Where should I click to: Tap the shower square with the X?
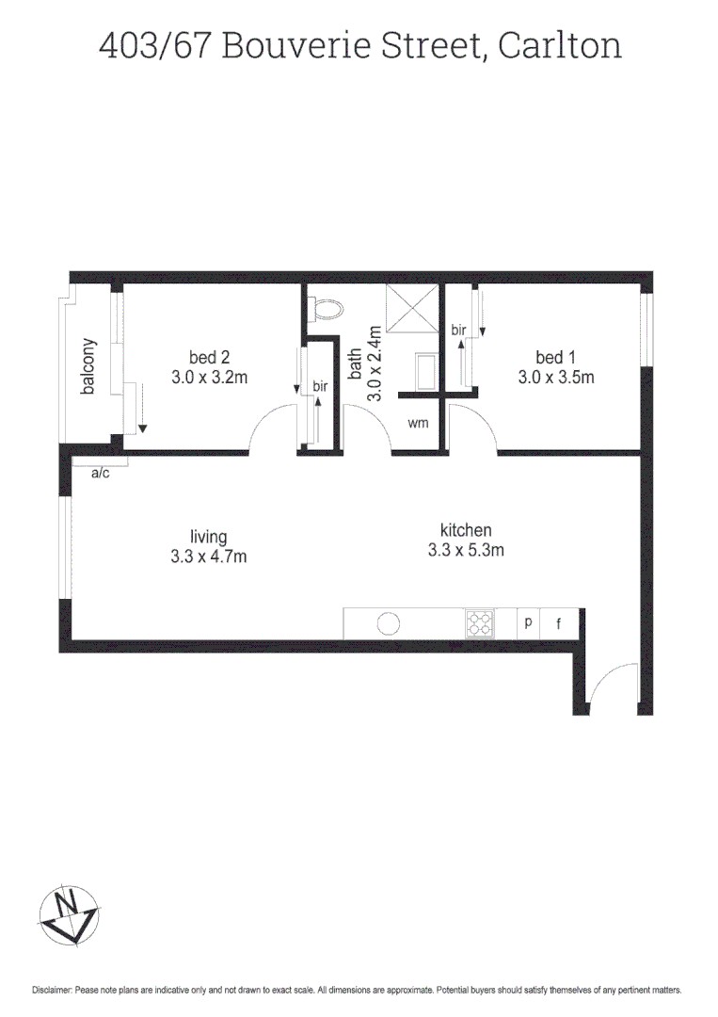[411, 307]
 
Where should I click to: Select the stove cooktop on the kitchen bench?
[479, 622]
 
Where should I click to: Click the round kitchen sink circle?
[389, 622]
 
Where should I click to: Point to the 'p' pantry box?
[528, 622]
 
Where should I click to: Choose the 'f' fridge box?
[559, 622]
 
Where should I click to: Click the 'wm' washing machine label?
[418, 424]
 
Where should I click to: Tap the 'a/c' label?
[100, 473]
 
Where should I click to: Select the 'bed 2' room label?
[209, 357]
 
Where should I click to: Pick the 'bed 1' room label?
[555, 357]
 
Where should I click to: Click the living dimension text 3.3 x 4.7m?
[209, 557]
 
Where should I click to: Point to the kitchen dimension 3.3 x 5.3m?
[465, 550]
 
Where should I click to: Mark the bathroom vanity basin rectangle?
[424, 372]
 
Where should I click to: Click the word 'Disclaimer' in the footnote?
[53, 991]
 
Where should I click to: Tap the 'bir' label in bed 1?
[458, 330]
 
